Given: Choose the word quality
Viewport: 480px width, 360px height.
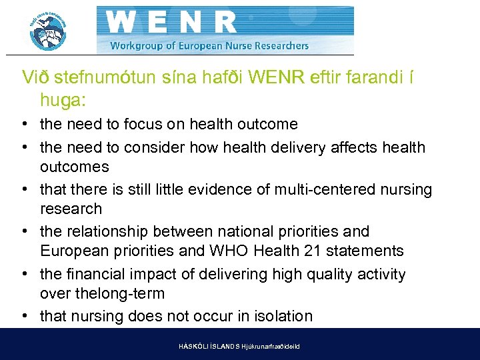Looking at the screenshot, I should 315,274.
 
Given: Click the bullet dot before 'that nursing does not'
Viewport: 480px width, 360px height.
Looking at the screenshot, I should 24,316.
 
